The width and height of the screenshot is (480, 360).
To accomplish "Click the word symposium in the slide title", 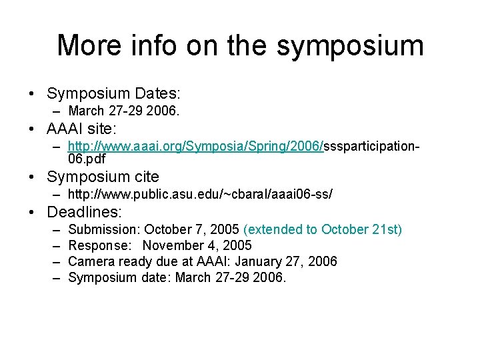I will [349, 45].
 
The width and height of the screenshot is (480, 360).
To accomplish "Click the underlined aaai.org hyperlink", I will [196, 146].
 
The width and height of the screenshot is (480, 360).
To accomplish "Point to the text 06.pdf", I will [87, 159].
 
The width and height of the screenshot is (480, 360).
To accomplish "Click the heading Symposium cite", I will [103, 177].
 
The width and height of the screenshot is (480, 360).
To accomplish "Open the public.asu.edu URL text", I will [200, 194].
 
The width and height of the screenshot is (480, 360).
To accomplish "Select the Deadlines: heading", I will [85, 213].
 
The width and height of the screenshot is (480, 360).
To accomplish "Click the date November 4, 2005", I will [197, 245].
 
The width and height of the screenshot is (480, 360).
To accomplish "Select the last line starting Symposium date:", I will [177, 277].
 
